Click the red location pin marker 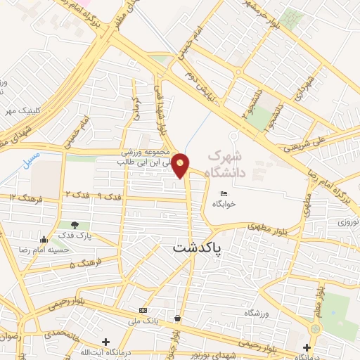click(181, 165)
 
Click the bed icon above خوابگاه click(224, 194)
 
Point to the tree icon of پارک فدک click(75, 225)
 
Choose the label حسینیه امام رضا click(67, 249)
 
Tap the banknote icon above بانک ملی click(143, 310)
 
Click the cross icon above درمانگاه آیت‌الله click(105, 342)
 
